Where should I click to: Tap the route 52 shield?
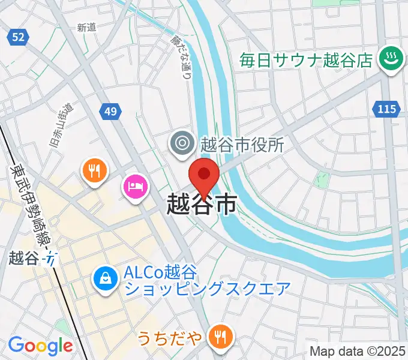click(x=19, y=37)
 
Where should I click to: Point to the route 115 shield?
click(x=387, y=109)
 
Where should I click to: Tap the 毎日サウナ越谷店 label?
click(x=307, y=60)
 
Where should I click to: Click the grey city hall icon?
click(x=181, y=143)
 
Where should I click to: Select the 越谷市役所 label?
click(x=242, y=144)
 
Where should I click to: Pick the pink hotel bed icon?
click(x=134, y=186)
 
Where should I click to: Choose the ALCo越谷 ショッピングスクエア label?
click(x=207, y=280)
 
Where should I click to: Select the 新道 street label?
click(x=87, y=27)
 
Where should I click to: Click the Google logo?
click(x=40, y=346)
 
